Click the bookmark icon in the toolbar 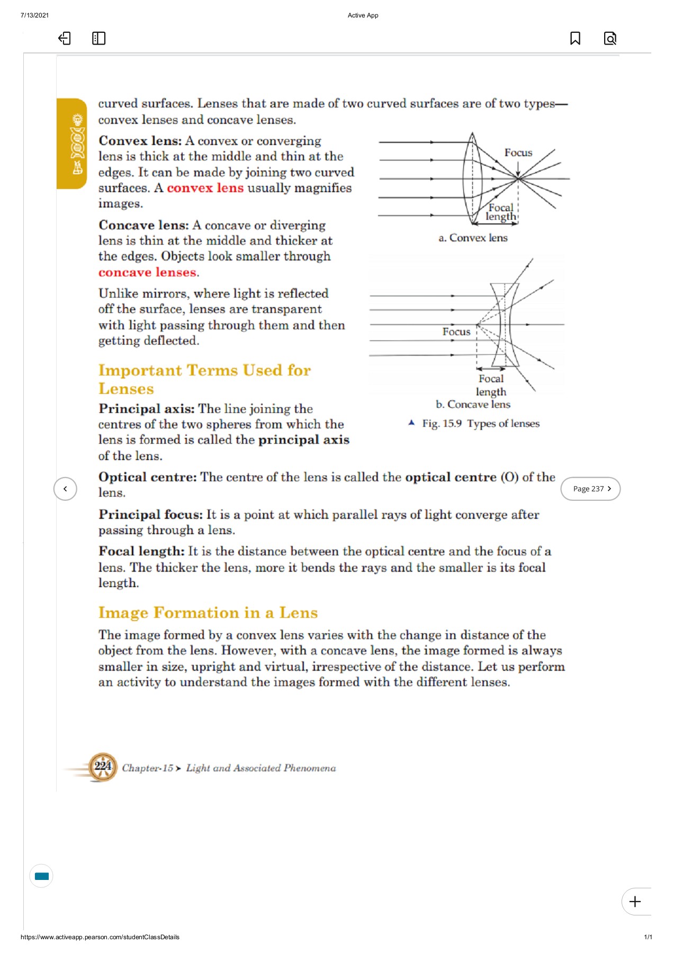[575, 38]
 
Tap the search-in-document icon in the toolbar [610, 38]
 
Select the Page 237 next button [590, 489]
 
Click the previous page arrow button [65, 489]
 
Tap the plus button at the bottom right [635, 901]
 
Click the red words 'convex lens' [205, 188]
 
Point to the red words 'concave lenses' [148, 272]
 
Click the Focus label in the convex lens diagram [518, 152]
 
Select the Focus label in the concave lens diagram [456, 331]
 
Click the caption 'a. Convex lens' [473, 238]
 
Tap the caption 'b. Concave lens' [473, 404]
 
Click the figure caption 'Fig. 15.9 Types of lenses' [480, 424]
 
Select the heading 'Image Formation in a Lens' [208, 613]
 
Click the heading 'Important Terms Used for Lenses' [204, 379]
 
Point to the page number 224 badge [103, 767]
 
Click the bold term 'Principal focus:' [150, 515]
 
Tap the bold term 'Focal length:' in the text [141, 551]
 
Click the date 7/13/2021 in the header [34, 15]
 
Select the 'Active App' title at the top [363, 15]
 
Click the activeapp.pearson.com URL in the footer [100, 937]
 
